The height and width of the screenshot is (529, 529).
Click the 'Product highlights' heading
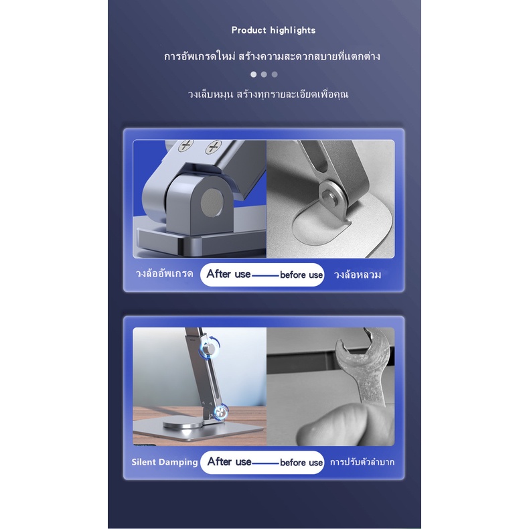tap(273, 30)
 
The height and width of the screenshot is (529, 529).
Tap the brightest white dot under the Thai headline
tap(253, 74)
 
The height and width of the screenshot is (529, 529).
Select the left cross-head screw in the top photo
tap(185, 145)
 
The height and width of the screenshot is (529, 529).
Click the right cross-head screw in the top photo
tap(213, 147)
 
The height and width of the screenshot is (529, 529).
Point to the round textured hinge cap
tap(212, 202)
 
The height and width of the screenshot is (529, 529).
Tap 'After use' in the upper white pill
tap(229, 274)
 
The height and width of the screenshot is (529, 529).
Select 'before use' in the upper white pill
tap(301, 275)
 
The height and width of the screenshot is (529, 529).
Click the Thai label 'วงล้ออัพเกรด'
tap(164, 273)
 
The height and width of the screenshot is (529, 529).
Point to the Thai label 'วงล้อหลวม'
tap(358, 275)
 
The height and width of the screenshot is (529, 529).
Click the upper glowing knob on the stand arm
tap(209, 349)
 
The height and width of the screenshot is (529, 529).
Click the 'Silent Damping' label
tap(165, 462)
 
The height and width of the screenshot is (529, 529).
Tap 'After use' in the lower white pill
tap(230, 461)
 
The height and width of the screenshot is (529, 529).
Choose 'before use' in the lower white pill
tap(301, 463)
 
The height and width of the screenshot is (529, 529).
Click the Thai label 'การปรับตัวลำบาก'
tap(362, 462)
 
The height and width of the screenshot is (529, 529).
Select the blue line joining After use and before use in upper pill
tap(266, 276)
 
